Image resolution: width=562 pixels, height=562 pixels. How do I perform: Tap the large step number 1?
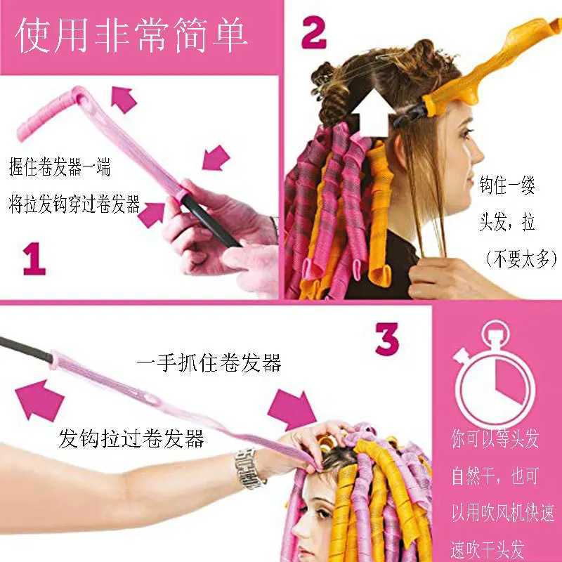34,259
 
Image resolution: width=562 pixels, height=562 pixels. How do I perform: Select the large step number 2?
314,34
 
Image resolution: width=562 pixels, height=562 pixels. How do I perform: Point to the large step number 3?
387,339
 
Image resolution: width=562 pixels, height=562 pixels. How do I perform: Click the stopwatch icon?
495,382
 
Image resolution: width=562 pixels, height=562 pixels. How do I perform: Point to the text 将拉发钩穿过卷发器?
74,206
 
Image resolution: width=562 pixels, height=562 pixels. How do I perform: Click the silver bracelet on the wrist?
248,469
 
